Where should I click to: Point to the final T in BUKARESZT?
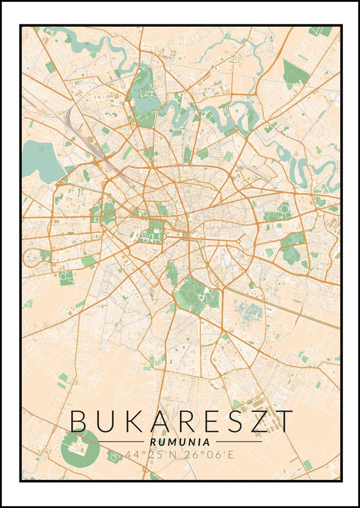click(284, 421)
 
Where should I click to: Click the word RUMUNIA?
click(179, 442)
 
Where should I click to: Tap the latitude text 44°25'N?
click(151, 455)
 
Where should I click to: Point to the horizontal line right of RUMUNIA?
click(238, 442)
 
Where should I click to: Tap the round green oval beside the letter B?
click(79, 449)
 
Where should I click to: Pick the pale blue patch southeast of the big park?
click(250, 312)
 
